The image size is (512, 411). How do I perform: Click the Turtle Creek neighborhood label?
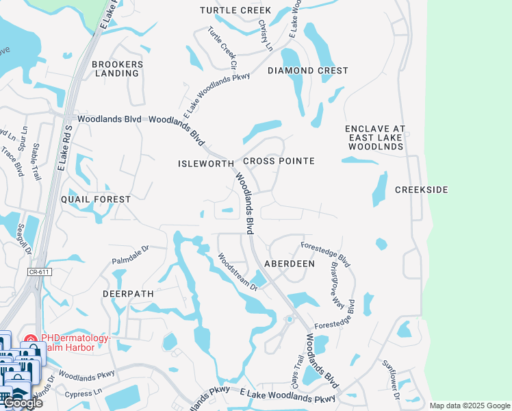click(235, 10)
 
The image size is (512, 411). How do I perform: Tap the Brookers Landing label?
click(118, 68)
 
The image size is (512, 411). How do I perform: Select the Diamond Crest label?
click(308, 71)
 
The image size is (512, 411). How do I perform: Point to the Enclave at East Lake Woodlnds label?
click(375, 138)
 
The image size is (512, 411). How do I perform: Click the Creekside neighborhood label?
click(422, 189)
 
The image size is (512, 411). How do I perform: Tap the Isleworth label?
click(206, 164)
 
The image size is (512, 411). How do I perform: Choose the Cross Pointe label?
click(279, 161)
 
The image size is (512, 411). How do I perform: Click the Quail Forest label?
click(96, 199)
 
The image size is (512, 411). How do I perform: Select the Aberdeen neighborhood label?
click(290, 264)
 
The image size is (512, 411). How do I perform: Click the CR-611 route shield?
click(40, 272)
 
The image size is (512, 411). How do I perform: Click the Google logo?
click(23, 403)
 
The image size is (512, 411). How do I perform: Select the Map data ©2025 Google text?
click(469, 406)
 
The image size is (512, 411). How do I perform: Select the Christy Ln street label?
click(265, 34)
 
